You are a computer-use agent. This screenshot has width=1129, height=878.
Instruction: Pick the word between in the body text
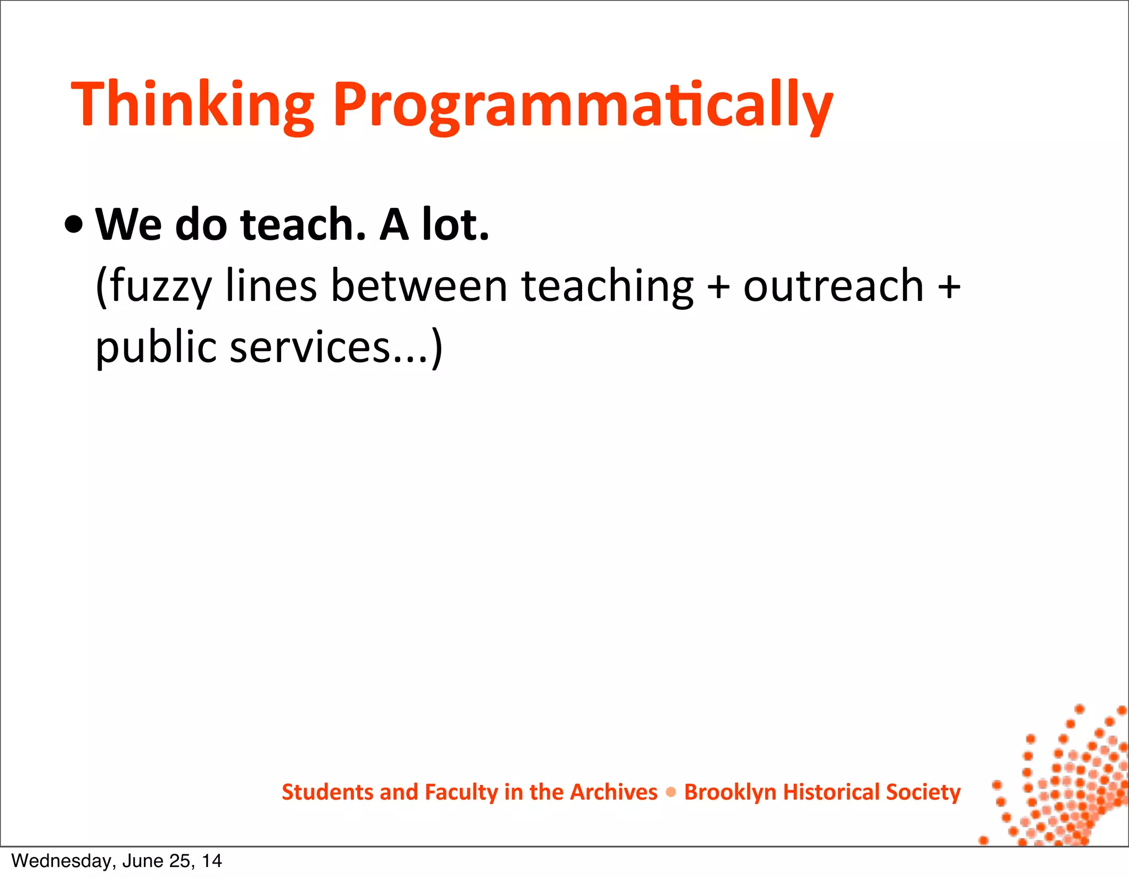point(419,287)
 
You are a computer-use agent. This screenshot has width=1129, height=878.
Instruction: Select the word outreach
point(833,287)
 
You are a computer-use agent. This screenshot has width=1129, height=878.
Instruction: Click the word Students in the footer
point(327,792)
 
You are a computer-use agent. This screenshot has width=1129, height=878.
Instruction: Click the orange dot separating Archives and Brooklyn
point(671,793)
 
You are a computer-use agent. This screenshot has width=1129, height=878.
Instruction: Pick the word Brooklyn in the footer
point(730,792)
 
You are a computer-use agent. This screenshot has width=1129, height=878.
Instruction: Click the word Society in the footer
point(923,792)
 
